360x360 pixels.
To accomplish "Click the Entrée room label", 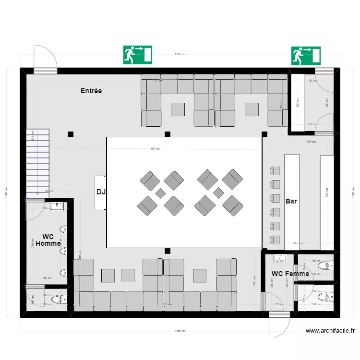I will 91,91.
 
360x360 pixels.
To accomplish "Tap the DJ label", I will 101,192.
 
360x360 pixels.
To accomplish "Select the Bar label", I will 291,202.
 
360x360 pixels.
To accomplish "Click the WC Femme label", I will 290,274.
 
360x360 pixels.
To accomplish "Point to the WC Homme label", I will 48,240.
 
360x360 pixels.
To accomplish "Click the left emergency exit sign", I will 138,55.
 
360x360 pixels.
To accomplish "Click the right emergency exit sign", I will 306,55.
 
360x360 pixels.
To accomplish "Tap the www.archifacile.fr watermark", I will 330,331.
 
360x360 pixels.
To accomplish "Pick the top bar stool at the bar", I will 275,170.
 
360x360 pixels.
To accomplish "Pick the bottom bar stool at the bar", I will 275,240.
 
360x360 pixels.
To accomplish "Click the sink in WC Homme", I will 57,206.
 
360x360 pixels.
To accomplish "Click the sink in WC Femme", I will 279,259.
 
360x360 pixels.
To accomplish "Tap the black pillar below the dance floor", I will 167,251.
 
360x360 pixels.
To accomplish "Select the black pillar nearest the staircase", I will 71,134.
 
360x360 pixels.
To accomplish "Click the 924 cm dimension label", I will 156,149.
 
